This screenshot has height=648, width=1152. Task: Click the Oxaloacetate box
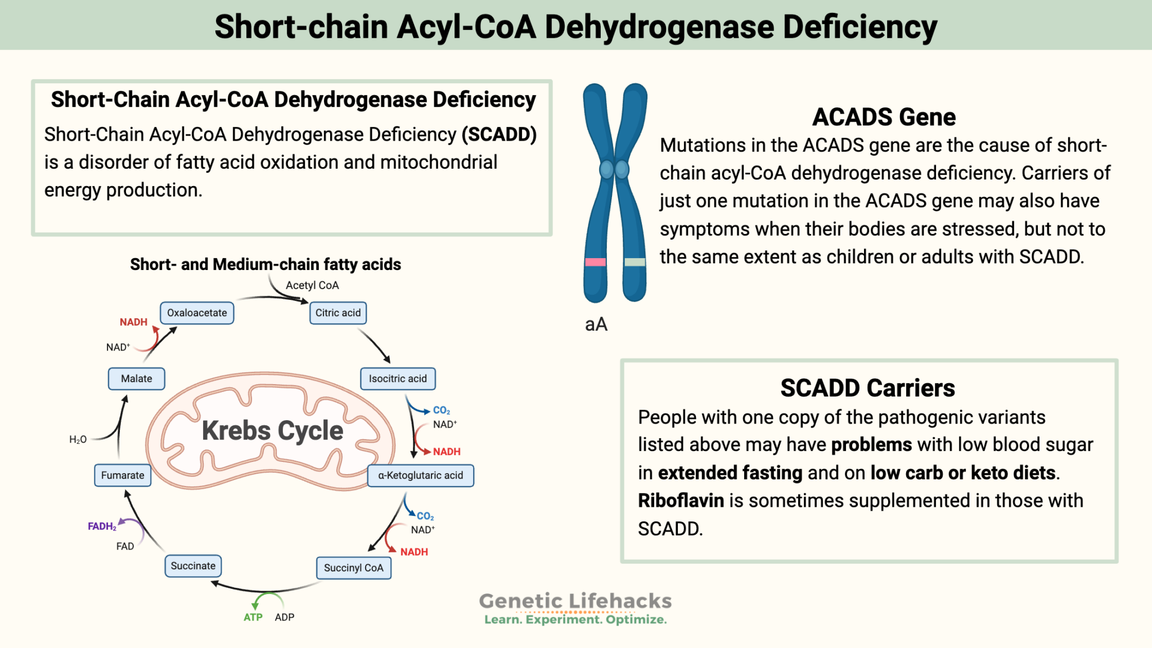coord(197,313)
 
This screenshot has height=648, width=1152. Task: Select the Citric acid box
coord(338,313)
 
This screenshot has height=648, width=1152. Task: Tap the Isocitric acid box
coord(398,379)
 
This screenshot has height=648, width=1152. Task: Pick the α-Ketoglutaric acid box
coord(420,475)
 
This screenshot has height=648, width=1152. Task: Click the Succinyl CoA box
coord(353,568)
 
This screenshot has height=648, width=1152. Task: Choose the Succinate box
coord(193,566)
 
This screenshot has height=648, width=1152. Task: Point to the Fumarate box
coord(123,475)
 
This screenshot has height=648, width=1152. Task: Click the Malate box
coord(136,379)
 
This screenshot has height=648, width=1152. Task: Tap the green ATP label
coord(253,617)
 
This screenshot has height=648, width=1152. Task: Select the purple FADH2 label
coord(102,526)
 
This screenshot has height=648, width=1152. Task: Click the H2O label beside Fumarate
coord(78,439)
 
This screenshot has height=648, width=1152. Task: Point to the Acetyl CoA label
coord(312,285)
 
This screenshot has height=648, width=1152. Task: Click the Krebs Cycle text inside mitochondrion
coord(272,431)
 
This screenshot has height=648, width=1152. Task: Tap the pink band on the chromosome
coord(595,262)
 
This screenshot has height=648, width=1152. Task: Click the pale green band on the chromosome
coord(634,262)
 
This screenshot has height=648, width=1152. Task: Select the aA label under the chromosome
coord(596,325)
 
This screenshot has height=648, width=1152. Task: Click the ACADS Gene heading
coord(884,117)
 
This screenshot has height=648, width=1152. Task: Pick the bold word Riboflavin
coord(681,501)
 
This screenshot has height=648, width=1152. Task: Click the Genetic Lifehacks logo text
coord(575,601)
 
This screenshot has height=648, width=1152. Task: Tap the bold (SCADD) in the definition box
coord(499,134)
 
